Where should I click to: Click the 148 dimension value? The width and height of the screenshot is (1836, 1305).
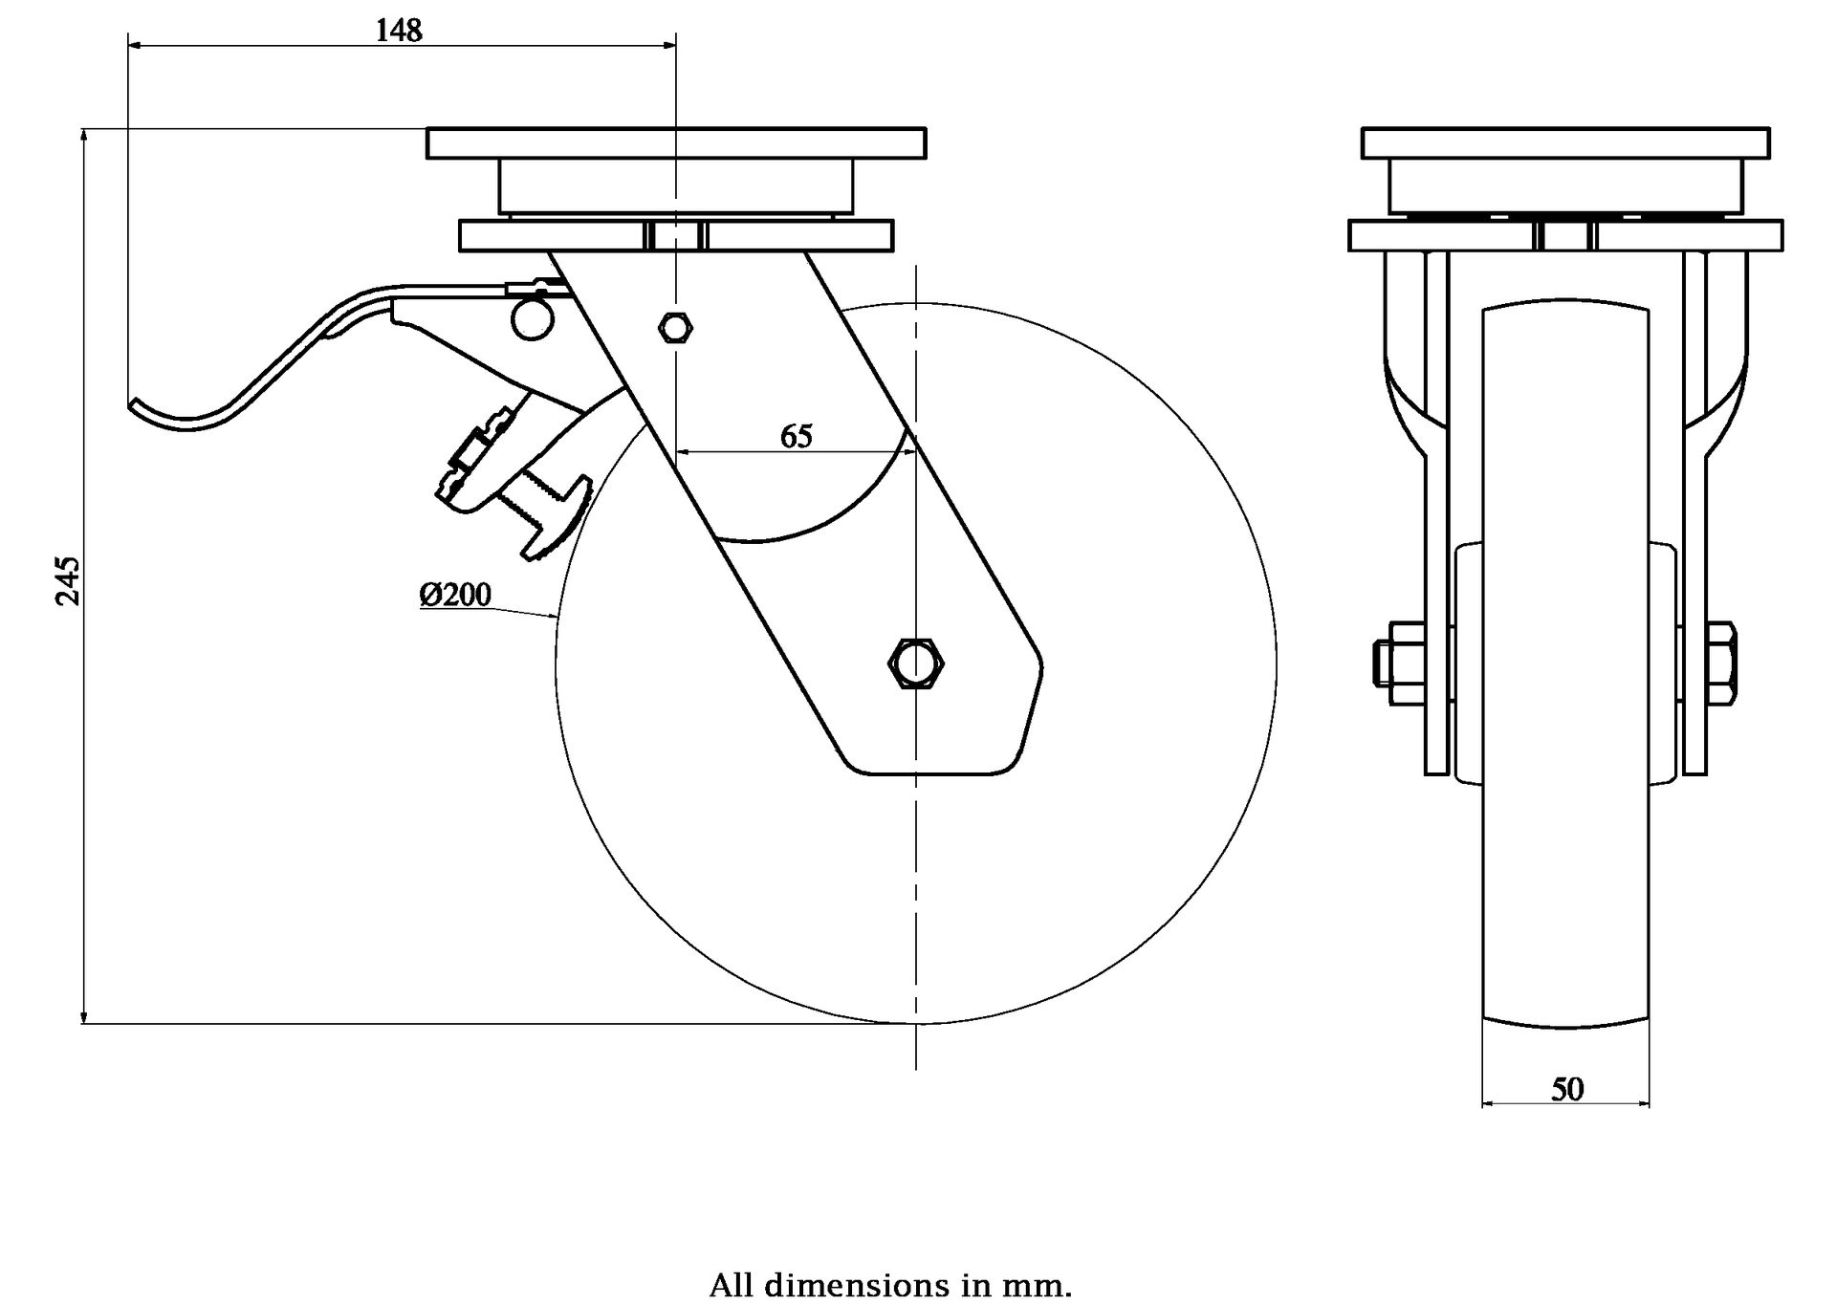coord(398,31)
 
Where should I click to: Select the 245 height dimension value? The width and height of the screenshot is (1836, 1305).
coord(68,579)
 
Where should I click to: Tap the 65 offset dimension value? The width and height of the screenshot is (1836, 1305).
coord(796,436)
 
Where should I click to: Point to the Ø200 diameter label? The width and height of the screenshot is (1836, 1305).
coord(455,595)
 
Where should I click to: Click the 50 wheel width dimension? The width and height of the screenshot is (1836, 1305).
coord(1566,1089)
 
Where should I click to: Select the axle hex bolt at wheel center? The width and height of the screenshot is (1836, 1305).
coord(915,662)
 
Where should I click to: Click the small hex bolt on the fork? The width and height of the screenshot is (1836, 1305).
coord(676,327)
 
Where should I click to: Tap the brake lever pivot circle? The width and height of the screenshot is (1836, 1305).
coord(532,319)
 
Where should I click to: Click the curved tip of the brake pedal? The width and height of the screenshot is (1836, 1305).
coord(143,409)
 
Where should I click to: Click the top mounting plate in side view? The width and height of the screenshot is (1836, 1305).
coord(676,143)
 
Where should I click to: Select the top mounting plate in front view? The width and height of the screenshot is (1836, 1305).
coord(1565,143)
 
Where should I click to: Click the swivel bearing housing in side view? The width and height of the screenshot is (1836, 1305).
coord(675,186)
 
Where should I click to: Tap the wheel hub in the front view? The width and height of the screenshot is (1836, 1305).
coord(1565,663)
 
